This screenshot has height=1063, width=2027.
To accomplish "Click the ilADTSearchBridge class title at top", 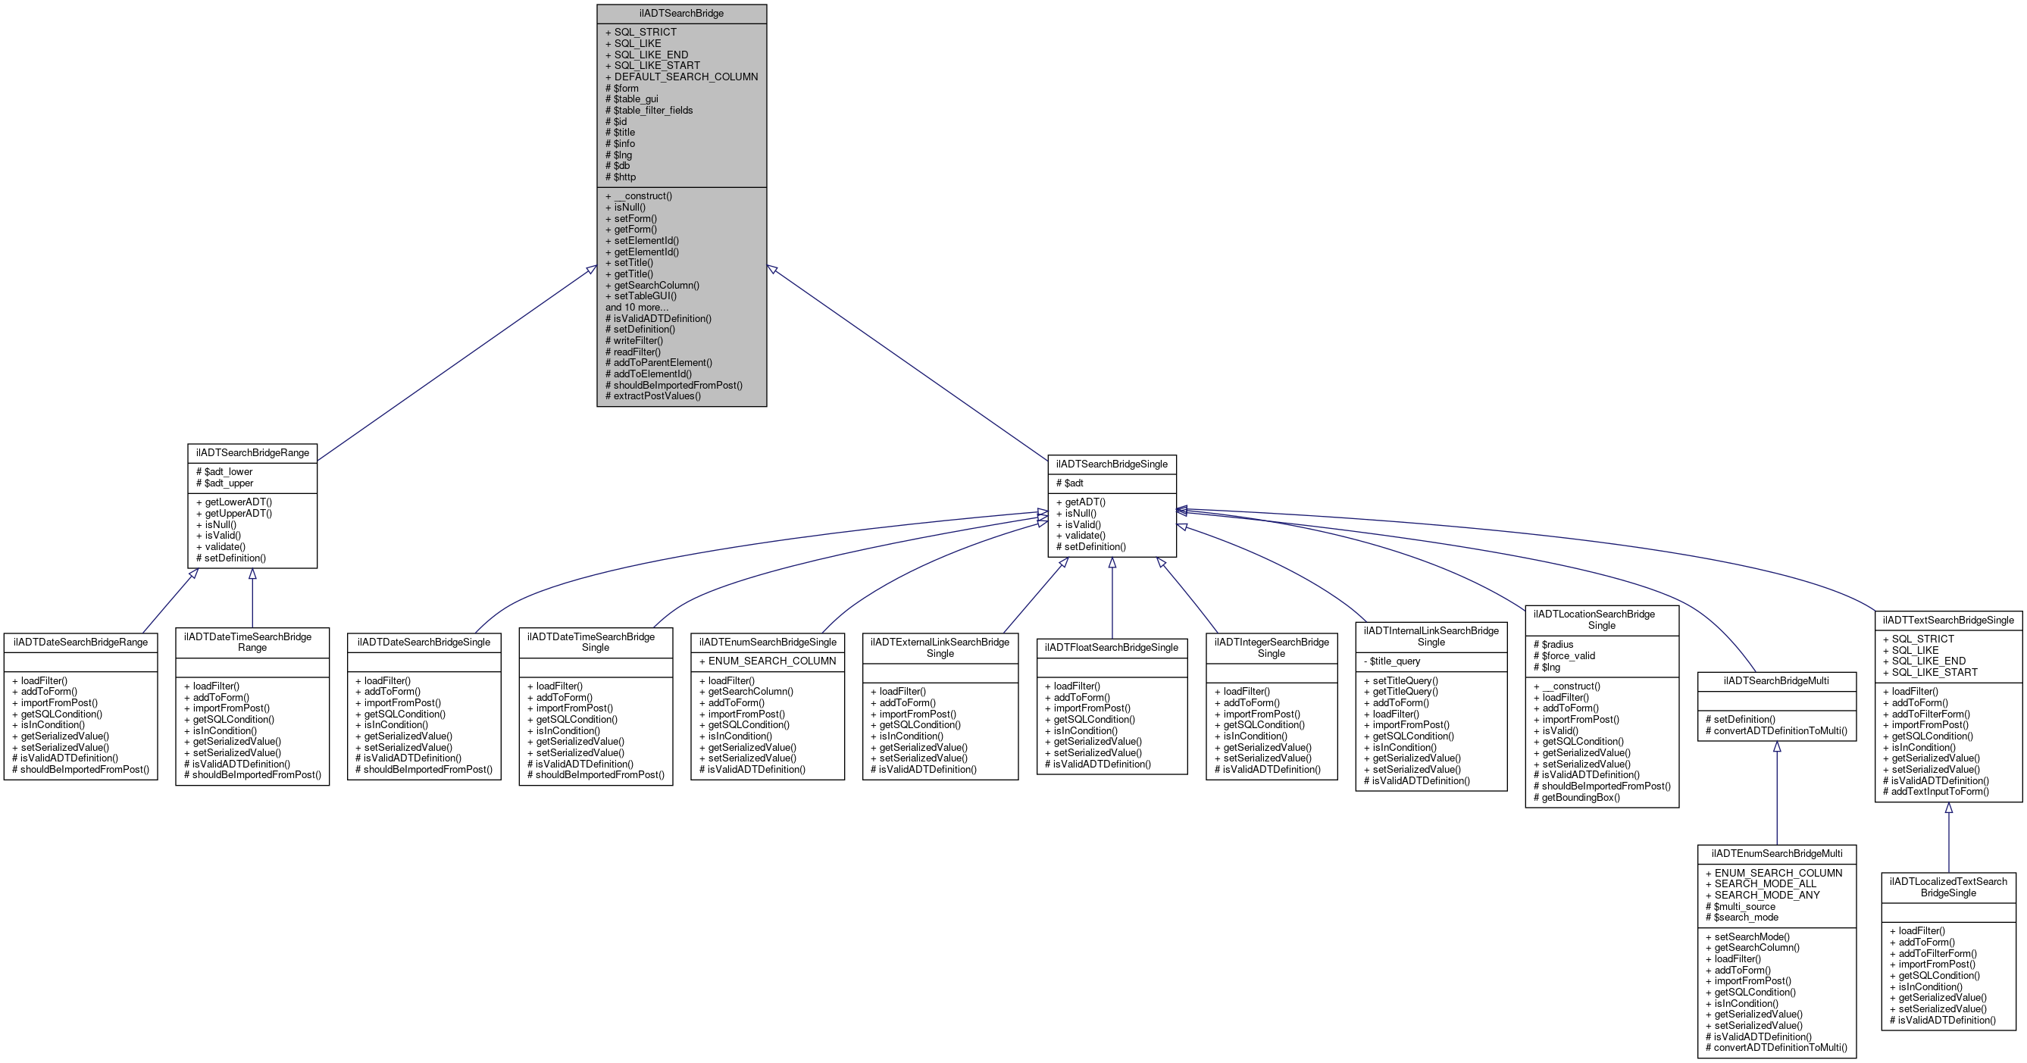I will (x=680, y=14).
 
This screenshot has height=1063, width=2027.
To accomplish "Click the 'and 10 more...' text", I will (x=636, y=308).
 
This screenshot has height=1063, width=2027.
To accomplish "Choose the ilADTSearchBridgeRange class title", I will (x=252, y=453).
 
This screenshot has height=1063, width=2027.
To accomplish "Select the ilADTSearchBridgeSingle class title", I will (x=1111, y=464).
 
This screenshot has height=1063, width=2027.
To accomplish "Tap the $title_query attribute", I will (x=1394, y=661).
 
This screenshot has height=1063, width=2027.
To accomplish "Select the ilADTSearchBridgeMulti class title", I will (x=1776, y=680).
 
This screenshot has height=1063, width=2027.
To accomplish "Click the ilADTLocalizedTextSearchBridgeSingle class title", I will (x=1948, y=886).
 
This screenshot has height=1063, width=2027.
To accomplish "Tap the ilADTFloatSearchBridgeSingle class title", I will (x=1111, y=648).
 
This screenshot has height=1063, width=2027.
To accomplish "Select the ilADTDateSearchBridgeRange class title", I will (x=80, y=642).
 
